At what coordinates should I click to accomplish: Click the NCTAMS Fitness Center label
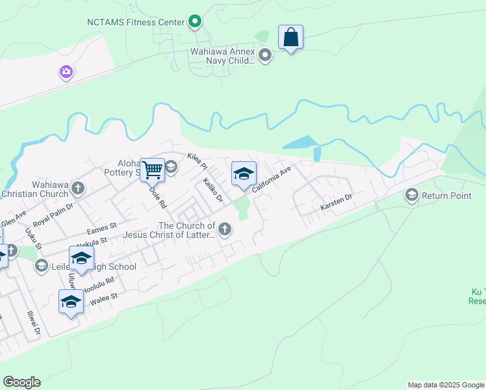136,22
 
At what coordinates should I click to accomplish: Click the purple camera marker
66,72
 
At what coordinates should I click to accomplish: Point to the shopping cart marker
152,171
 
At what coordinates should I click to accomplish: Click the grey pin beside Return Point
411,195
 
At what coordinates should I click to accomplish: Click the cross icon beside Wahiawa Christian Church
78,188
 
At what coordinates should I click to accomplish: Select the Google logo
21,382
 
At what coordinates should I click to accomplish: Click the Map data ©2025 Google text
445,385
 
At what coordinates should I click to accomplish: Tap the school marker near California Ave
244,174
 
